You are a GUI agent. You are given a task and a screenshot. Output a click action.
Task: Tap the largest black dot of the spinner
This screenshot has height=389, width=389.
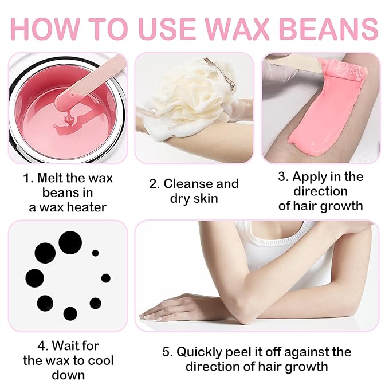(x=69, y=242)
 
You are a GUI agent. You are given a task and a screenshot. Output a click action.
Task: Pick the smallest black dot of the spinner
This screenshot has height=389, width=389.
(x=95, y=253)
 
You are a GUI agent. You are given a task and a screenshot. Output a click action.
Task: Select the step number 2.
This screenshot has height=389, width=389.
(x=153, y=184)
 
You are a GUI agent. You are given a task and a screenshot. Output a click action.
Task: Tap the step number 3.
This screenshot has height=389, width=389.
(x=282, y=177)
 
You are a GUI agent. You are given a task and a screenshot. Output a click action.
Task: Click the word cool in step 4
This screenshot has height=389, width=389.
(x=101, y=360)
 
